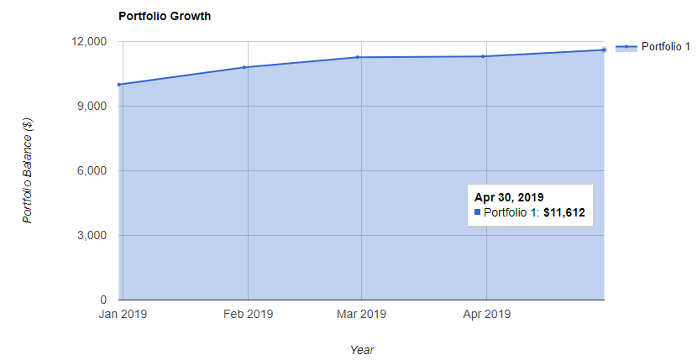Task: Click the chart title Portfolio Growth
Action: coord(164,16)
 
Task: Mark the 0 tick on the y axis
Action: coord(104,300)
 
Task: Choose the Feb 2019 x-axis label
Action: coord(248,316)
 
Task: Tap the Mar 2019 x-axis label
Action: coord(360,316)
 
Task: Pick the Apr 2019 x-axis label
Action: coord(486,316)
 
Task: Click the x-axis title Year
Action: coord(362,349)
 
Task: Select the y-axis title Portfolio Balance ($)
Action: coord(28,170)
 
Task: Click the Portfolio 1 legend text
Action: coord(665,47)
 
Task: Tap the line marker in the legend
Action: coord(626,47)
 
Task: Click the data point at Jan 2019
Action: coord(120,84)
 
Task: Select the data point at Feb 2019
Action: coord(244,67)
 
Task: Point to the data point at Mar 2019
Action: coord(358,57)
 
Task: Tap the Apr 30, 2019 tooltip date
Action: coord(509,197)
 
